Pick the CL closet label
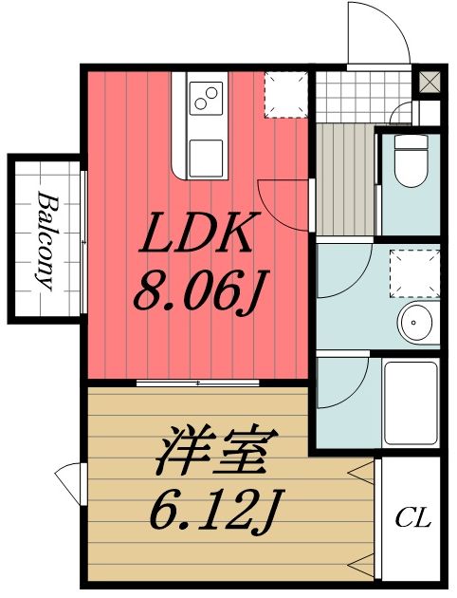click(x=412, y=519)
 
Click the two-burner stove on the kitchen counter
click(x=206, y=97)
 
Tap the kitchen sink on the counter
click(x=206, y=153)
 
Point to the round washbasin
click(x=417, y=323)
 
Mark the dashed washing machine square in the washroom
click(x=415, y=270)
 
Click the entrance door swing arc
click(x=379, y=33)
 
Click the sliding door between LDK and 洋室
click(x=197, y=383)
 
